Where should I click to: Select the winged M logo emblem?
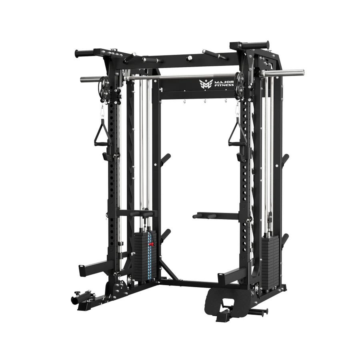pyautogui.click(x=206, y=83)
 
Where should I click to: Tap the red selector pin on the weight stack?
pyautogui.click(x=151, y=243)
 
